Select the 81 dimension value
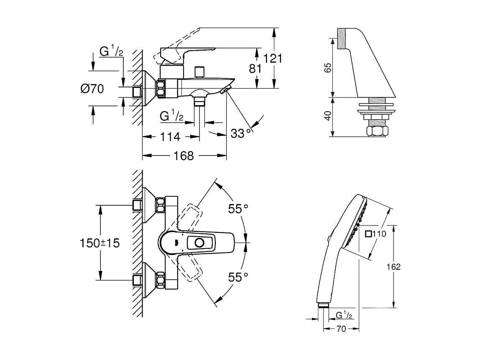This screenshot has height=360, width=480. [255, 68]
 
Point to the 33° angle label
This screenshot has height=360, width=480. [242, 133]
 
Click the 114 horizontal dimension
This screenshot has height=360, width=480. [170, 136]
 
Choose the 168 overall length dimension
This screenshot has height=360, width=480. [184, 156]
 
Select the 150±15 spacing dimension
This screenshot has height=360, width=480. [100, 243]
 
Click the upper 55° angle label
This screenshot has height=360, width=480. [238, 209]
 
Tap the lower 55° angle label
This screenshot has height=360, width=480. [238, 276]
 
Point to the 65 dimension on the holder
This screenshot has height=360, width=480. [328, 68]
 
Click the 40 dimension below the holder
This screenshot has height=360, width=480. [328, 116]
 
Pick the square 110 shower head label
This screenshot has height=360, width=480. [375, 234]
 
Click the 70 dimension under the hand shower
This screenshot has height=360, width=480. [341, 329]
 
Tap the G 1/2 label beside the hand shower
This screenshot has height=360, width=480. [341, 314]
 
